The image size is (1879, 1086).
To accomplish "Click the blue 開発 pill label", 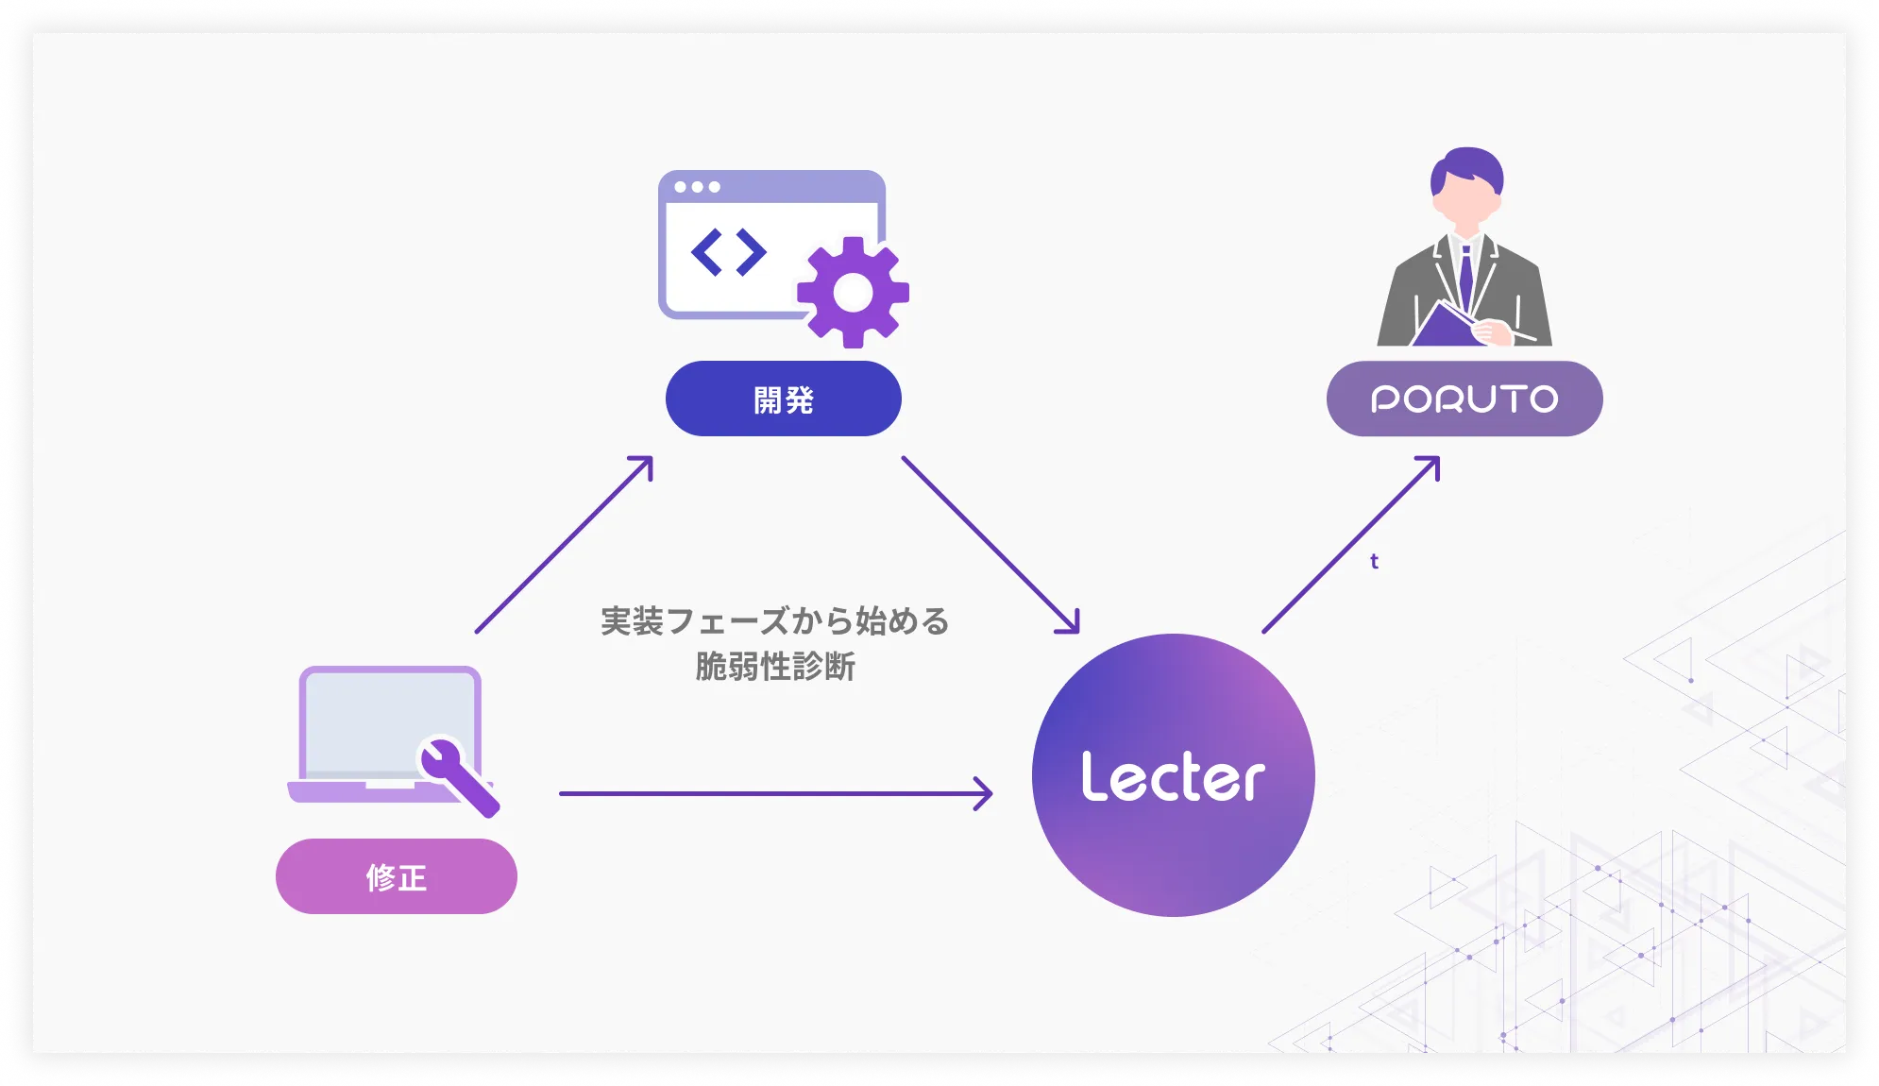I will coord(783,399).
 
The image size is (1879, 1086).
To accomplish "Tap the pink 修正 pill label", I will coord(396,876).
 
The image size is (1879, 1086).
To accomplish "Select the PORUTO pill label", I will coord(1464,399).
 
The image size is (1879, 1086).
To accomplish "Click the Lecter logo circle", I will coord(1173,775).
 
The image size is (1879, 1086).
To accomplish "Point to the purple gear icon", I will coord(853,292).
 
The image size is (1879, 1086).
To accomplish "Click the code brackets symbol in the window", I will coord(728,252).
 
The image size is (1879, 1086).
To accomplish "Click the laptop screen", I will coord(378,722).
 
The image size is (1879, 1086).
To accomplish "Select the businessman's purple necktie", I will coord(1465,274).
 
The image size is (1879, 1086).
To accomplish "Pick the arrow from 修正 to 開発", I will coord(564,545).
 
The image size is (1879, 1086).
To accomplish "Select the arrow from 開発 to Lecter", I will coord(990,545).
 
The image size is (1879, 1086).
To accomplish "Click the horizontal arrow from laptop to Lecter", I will coord(775,793).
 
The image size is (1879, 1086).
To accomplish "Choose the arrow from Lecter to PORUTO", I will coord(1351,544).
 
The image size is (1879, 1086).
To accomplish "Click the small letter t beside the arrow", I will coord(1374,561).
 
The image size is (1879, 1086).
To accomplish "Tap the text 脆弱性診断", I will coord(774,667).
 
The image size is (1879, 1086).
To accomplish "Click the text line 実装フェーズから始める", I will coord(774,621).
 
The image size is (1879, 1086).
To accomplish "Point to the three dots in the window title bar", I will coord(697,187).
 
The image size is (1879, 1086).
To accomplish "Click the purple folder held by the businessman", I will coord(1442,327).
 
